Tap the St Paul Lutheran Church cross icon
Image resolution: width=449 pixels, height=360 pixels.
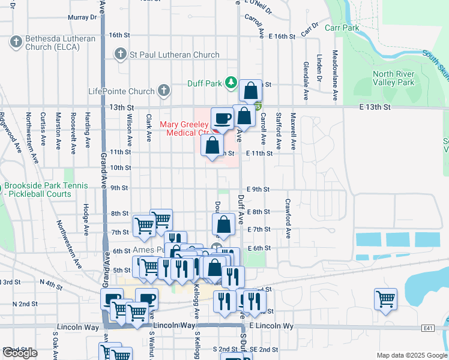click(x=120, y=55)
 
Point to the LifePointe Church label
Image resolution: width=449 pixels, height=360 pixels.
click(x=121, y=91)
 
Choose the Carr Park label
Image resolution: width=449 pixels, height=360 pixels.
click(x=342, y=28)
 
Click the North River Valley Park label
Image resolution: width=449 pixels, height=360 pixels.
click(x=393, y=78)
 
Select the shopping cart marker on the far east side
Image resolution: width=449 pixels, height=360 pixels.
click(x=385, y=298)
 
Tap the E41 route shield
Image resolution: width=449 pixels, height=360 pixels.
click(x=428, y=328)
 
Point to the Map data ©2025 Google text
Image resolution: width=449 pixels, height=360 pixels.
click(x=411, y=355)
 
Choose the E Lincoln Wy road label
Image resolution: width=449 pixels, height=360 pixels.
click(x=271, y=325)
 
